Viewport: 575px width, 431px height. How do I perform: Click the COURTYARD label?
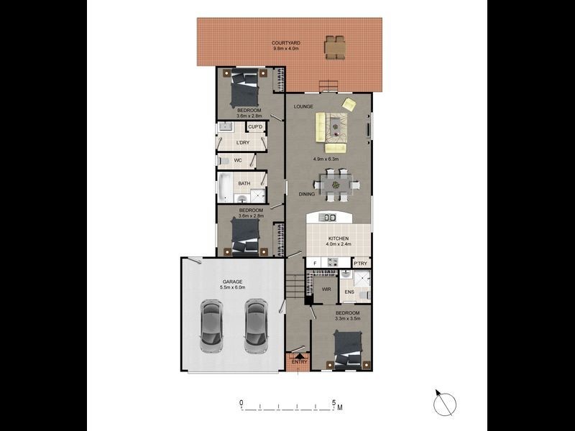(x=286, y=43)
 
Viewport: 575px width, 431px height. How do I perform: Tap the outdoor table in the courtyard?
(x=334, y=47)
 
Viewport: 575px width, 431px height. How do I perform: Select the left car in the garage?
(x=212, y=326)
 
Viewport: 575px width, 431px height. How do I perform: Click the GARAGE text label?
(x=232, y=282)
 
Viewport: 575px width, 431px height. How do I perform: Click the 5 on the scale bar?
(x=333, y=403)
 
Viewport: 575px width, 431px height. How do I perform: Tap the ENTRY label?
(x=299, y=362)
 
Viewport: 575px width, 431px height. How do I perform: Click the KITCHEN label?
(x=339, y=238)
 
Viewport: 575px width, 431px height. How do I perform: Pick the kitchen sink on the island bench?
(x=330, y=218)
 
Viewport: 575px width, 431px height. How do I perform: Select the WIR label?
(x=326, y=289)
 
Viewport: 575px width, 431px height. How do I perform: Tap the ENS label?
(x=349, y=292)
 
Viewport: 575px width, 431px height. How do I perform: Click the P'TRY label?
(x=361, y=264)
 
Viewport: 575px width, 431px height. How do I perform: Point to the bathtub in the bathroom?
(x=224, y=189)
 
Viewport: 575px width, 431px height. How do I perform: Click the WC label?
(x=237, y=160)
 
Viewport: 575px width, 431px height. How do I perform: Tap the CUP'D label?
(x=255, y=127)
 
